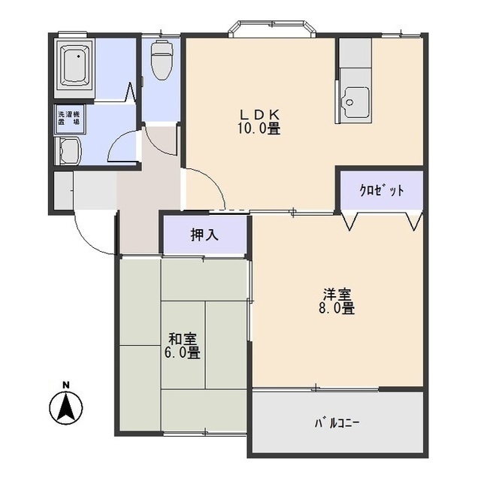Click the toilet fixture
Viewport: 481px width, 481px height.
pyautogui.click(x=162, y=60)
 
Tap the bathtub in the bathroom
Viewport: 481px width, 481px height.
pyautogui.click(x=74, y=69)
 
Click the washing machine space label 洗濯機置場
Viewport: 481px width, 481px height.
pyautogui.click(x=69, y=118)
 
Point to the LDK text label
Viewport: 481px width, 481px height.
pyautogui.click(x=259, y=115)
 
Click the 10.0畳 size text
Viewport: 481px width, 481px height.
pyautogui.click(x=259, y=129)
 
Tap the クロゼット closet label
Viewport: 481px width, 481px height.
pyautogui.click(x=381, y=190)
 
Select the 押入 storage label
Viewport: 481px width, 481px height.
pyautogui.click(x=204, y=235)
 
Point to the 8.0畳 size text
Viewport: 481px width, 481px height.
pyautogui.click(x=337, y=308)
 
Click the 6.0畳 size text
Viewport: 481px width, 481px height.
pyautogui.click(x=183, y=352)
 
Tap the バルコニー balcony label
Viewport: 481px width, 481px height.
pyautogui.click(x=337, y=423)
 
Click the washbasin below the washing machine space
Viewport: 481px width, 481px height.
pyautogui.click(x=68, y=151)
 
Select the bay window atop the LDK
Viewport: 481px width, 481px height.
pyautogui.click(x=272, y=29)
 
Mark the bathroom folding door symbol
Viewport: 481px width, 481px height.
pyautogui.click(x=130, y=92)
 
